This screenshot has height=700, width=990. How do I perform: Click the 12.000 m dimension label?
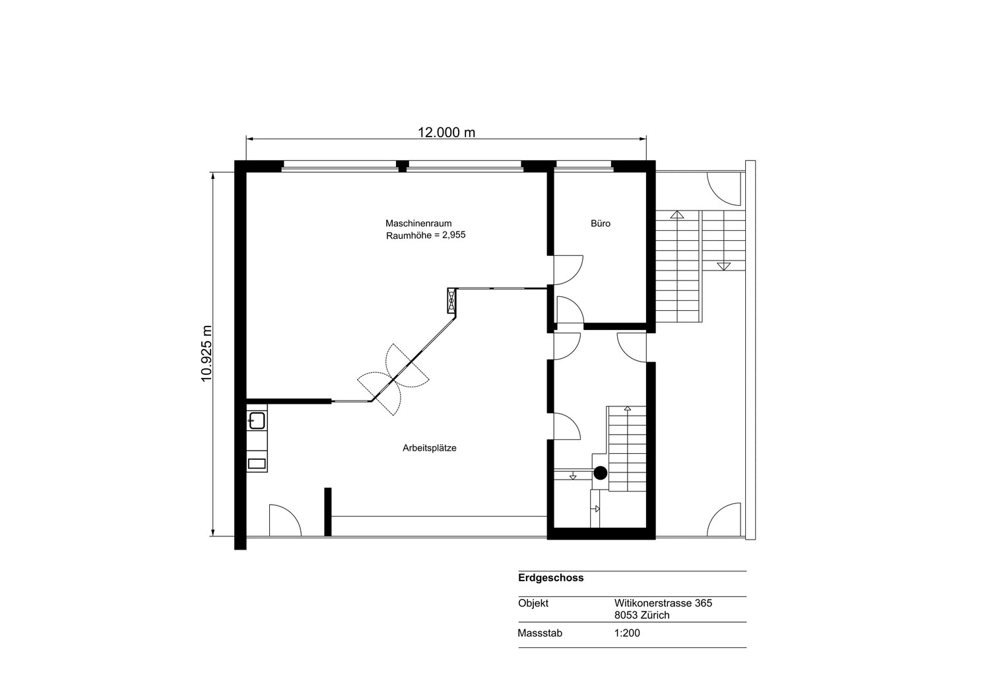(x=446, y=132)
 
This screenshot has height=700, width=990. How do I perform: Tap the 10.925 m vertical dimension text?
(x=207, y=354)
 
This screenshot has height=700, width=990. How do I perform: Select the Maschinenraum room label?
(x=418, y=223)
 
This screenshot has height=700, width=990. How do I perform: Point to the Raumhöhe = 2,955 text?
(x=426, y=235)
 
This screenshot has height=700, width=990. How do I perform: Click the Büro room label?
(x=601, y=224)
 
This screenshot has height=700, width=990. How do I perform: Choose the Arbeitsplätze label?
(x=430, y=448)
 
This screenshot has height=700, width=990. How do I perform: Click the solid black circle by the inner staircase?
(x=600, y=473)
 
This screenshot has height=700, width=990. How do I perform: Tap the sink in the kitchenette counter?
(x=257, y=421)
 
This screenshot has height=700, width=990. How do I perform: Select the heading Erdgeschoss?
(x=551, y=578)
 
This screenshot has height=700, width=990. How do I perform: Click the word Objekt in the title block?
(x=533, y=603)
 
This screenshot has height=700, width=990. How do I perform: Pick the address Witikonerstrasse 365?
(x=663, y=603)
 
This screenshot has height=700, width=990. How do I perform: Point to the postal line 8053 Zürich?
(x=642, y=615)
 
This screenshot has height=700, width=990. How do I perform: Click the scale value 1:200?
(x=627, y=633)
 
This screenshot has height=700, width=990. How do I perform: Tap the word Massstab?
(x=540, y=633)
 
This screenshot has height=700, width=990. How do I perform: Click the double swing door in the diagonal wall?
(x=393, y=379)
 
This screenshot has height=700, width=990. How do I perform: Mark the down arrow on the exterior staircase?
(x=723, y=266)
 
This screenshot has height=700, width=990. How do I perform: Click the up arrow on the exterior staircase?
(x=676, y=215)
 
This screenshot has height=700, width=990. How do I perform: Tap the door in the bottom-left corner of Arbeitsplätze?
(x=285, y=520)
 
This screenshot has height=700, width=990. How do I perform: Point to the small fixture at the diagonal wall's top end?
(x=451, y=300)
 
